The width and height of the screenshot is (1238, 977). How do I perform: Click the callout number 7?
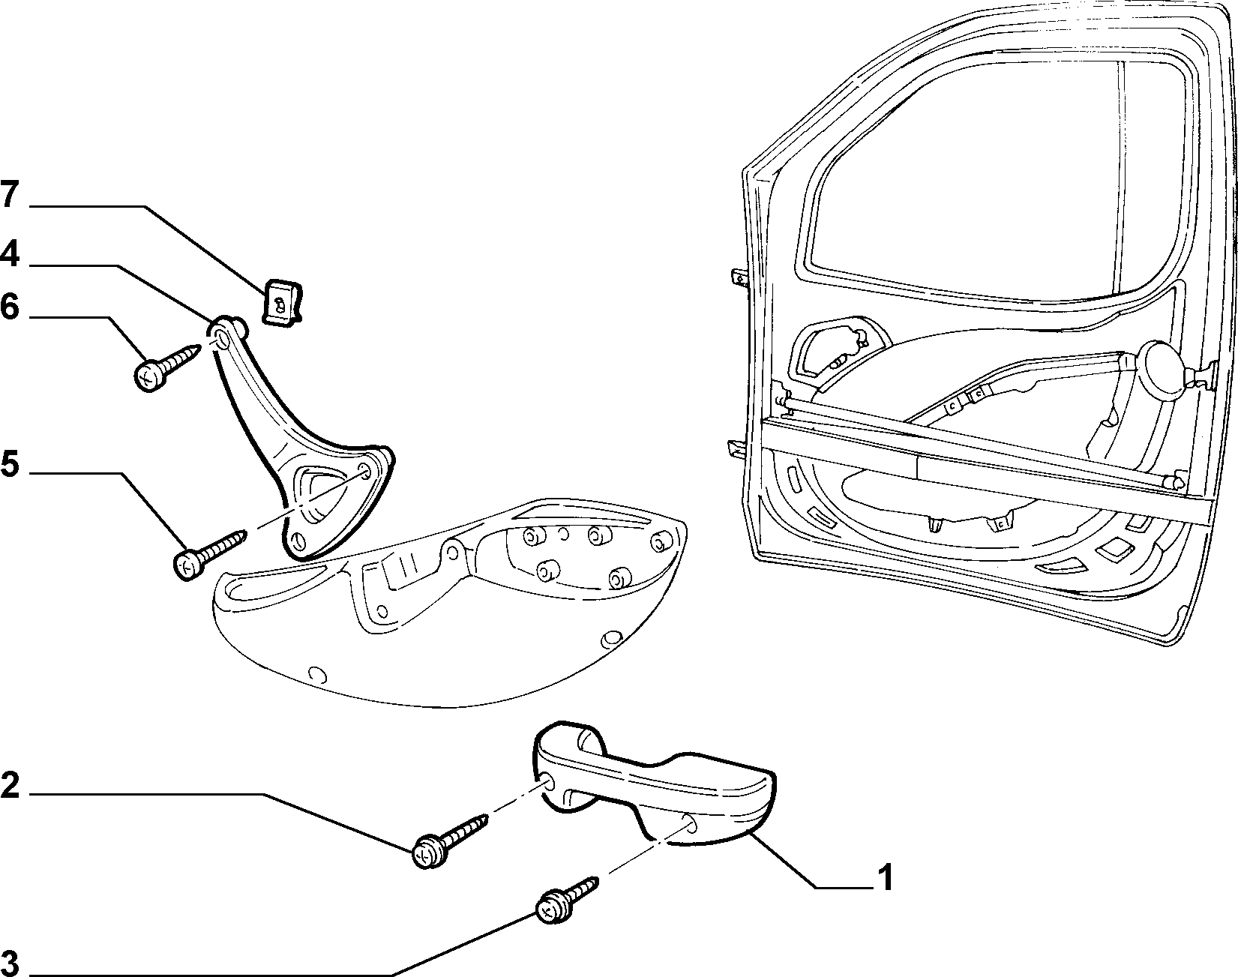tap(9, 196)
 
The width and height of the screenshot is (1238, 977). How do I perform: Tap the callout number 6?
tap(9, 307)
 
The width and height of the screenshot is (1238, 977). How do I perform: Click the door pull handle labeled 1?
tap(651, 785)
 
